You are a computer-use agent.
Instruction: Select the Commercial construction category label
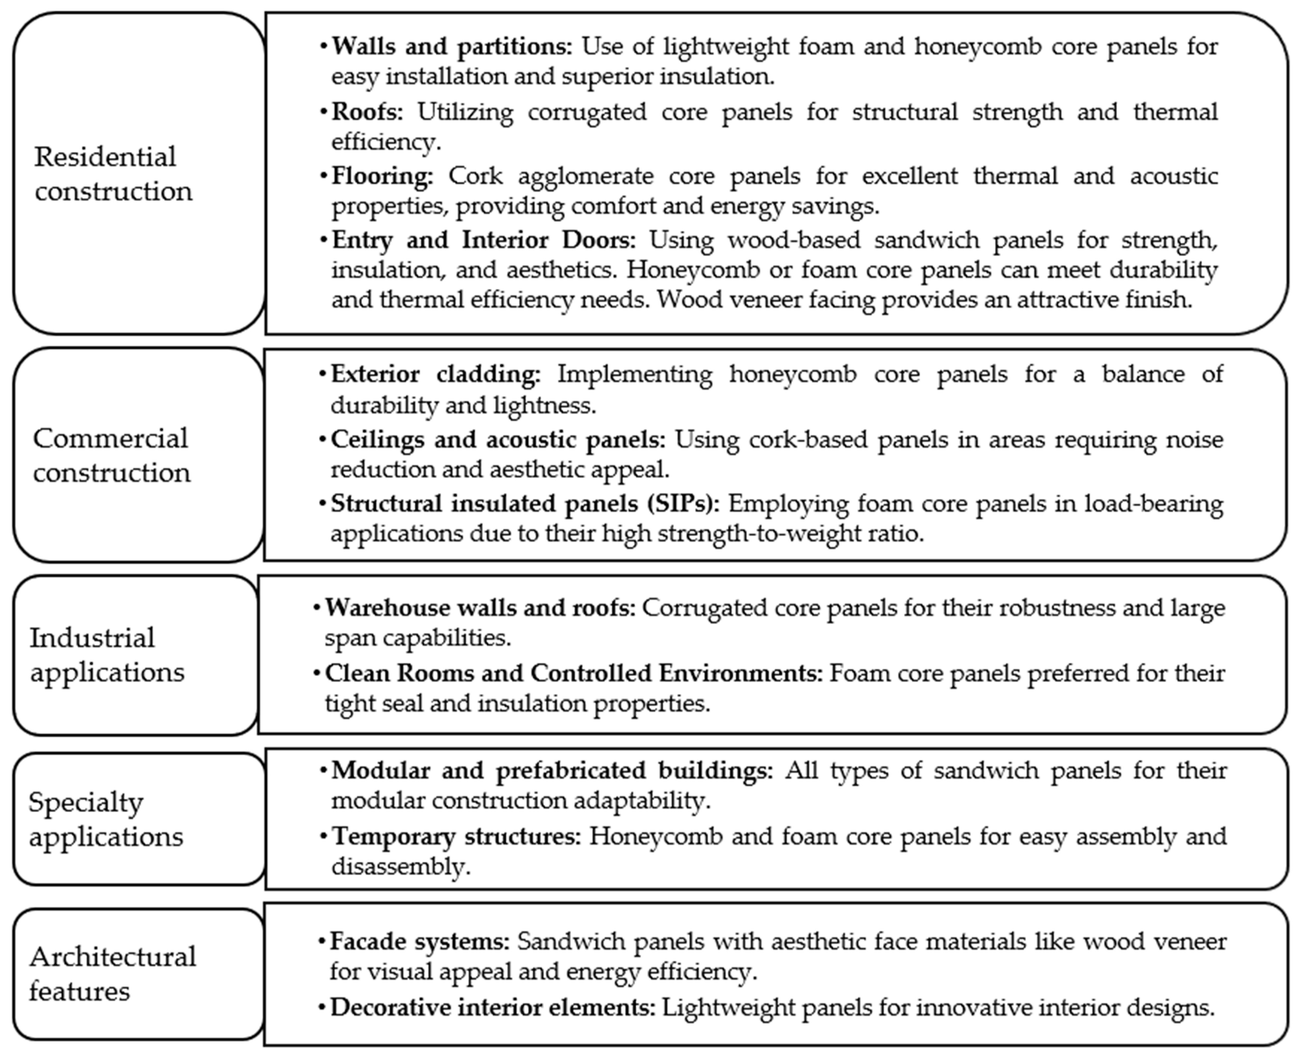[x=111, y=455]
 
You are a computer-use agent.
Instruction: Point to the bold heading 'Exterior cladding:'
[x=435, y=374]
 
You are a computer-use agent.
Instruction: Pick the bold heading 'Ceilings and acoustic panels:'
[x=498, y=439]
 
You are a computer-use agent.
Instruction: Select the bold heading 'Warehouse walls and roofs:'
[x=480, y=608]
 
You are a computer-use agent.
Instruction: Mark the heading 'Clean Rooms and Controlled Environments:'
[x=573, y=674]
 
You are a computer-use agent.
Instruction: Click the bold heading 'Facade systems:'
[x=419, y=941]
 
